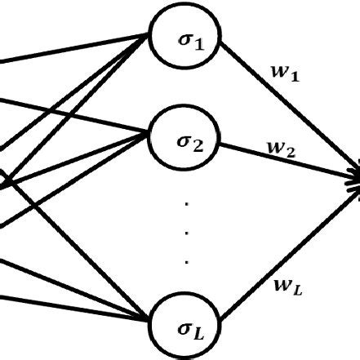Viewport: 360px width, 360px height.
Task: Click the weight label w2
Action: coord(281,149)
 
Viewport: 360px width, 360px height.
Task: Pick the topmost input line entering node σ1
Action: coord(73,49)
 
